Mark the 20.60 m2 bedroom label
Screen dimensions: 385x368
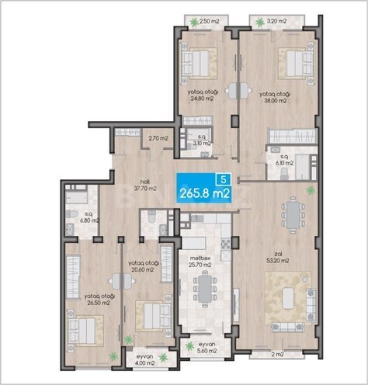point(144,266)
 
